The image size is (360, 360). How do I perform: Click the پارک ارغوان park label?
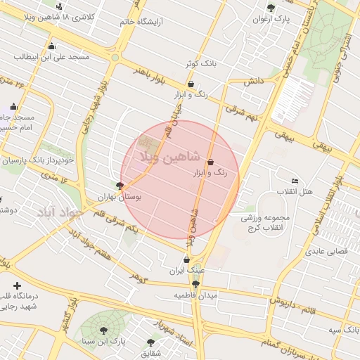point(271,19)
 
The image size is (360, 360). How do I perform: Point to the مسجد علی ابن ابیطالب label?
point(43,55)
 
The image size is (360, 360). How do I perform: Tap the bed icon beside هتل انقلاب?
point(294,182)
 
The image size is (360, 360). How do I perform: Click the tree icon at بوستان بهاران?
point(120,186)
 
